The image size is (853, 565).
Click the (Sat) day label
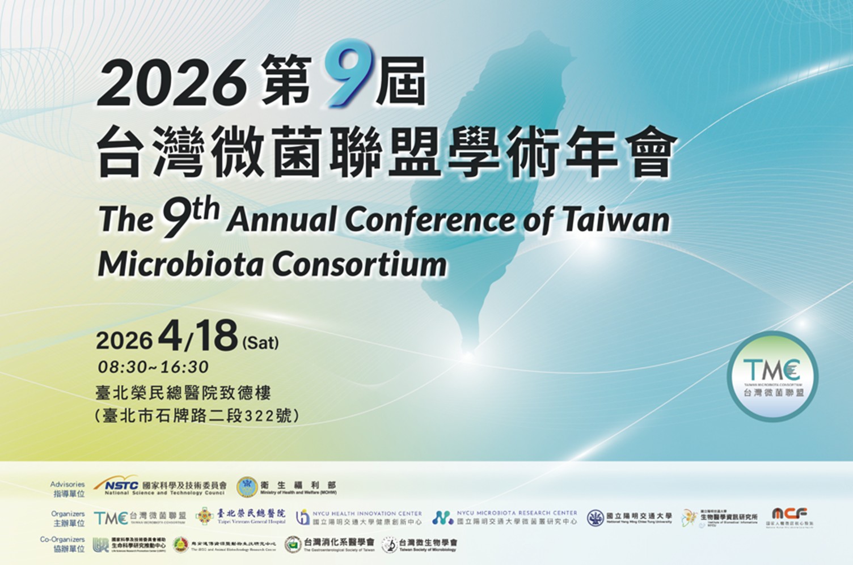[260, 342]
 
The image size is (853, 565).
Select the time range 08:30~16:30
[153, 367]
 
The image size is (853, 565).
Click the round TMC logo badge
[772, 376]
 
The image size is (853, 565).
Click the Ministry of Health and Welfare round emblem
[247, 487]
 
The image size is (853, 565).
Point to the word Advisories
[67, 485]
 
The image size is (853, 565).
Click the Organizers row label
[68, 514]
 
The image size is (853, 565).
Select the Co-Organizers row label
[62, 539]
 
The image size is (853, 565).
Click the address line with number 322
[196, 415]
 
